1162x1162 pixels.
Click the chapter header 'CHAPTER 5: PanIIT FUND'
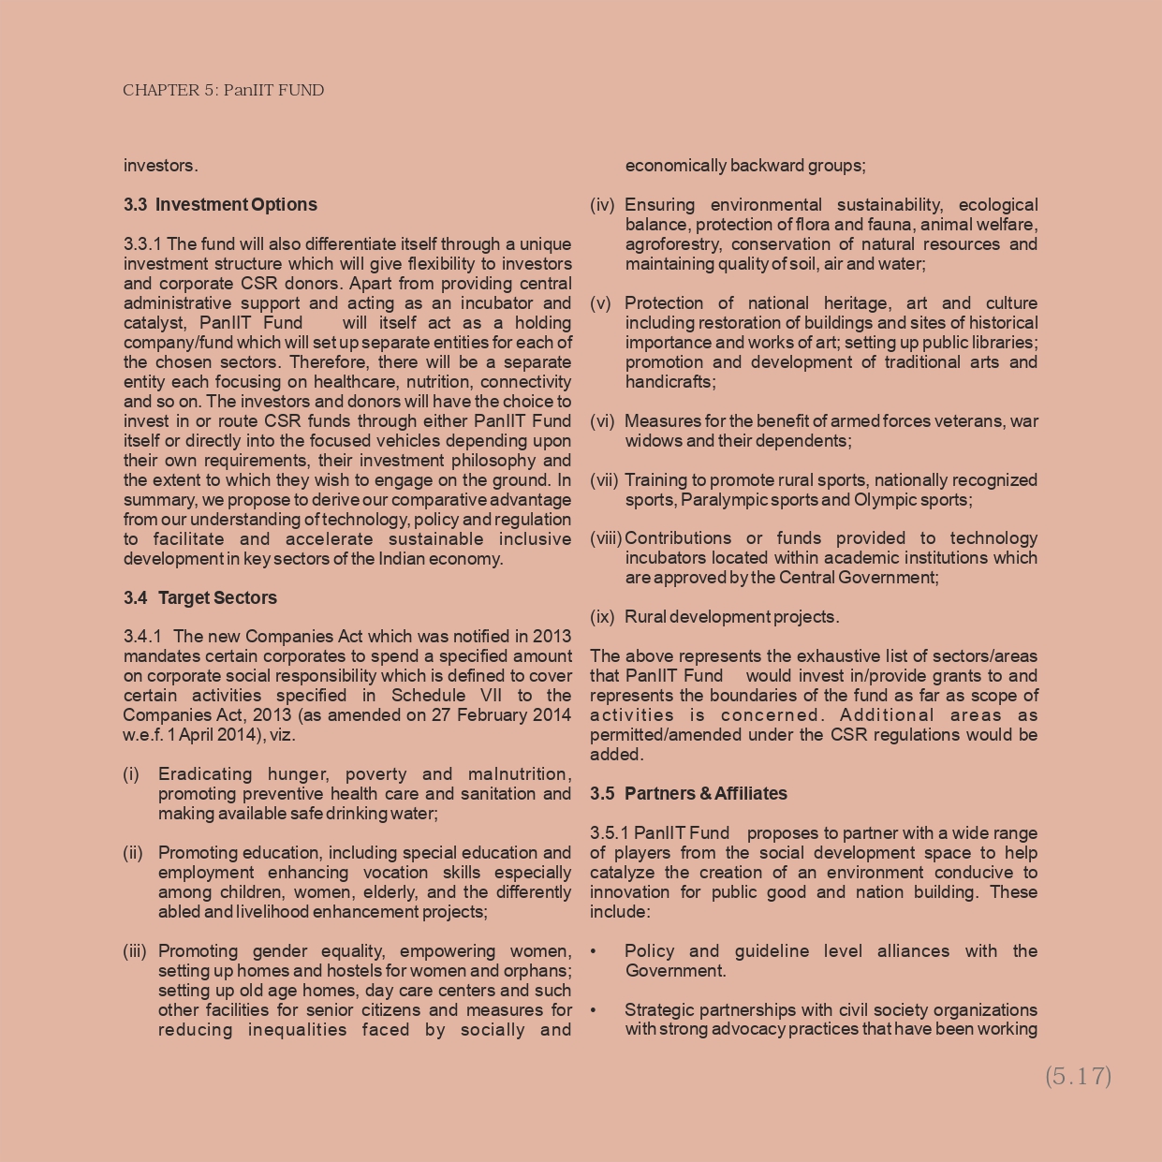(223, 91)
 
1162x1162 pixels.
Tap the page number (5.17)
(1078, 1076)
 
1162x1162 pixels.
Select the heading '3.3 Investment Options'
(220, 205)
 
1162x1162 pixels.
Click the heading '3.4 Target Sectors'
(200, 598)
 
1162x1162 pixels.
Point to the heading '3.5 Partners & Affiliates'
(688, 794)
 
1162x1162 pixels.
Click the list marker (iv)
(602, 205)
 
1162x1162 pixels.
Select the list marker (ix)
(602, 617)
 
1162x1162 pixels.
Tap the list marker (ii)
(133, 853)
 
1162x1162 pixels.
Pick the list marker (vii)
(604, 480)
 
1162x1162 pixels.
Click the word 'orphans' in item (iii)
(541, 971)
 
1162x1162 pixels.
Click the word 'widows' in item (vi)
(652, 441)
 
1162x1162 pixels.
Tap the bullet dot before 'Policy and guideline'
(594, 951)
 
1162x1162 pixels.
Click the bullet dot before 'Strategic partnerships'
(594, 1010)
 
